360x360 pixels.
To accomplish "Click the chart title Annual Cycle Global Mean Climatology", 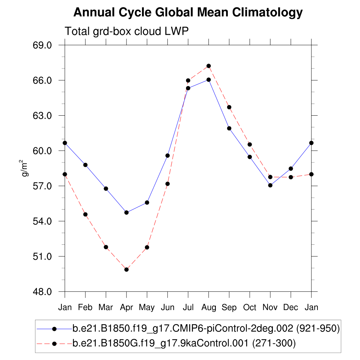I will (x=188, y=13).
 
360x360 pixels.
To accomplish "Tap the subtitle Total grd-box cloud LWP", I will (x=127, y=31).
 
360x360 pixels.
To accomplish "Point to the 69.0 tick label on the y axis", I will (x=42, y=45).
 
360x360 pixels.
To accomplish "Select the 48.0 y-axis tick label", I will (x=42, y=292).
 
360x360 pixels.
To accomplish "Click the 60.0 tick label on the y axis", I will (x=42, y=151).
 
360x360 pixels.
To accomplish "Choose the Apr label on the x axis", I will (x=126, y=308).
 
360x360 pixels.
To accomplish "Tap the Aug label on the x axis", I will (x=208, y=308).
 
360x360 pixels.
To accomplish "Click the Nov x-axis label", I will (x=270, y=308).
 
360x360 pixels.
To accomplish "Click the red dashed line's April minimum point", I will (x=127, y=270).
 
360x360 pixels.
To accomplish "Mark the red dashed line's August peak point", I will (x=208, y=66).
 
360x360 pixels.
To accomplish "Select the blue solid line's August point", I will (x=208, y=80).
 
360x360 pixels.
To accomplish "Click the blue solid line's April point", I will (x=127, y=212).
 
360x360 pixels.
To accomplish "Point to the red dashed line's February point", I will (x=85, y=214).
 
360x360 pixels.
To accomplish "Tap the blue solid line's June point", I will (x=168, y=155).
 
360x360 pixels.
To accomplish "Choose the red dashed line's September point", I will (x=229, y=107).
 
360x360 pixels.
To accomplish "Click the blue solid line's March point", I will (x=106, y=189).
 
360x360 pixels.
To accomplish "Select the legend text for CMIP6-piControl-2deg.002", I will (x=206, y=329).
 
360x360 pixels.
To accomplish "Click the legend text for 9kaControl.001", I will (x=184, y=343).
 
